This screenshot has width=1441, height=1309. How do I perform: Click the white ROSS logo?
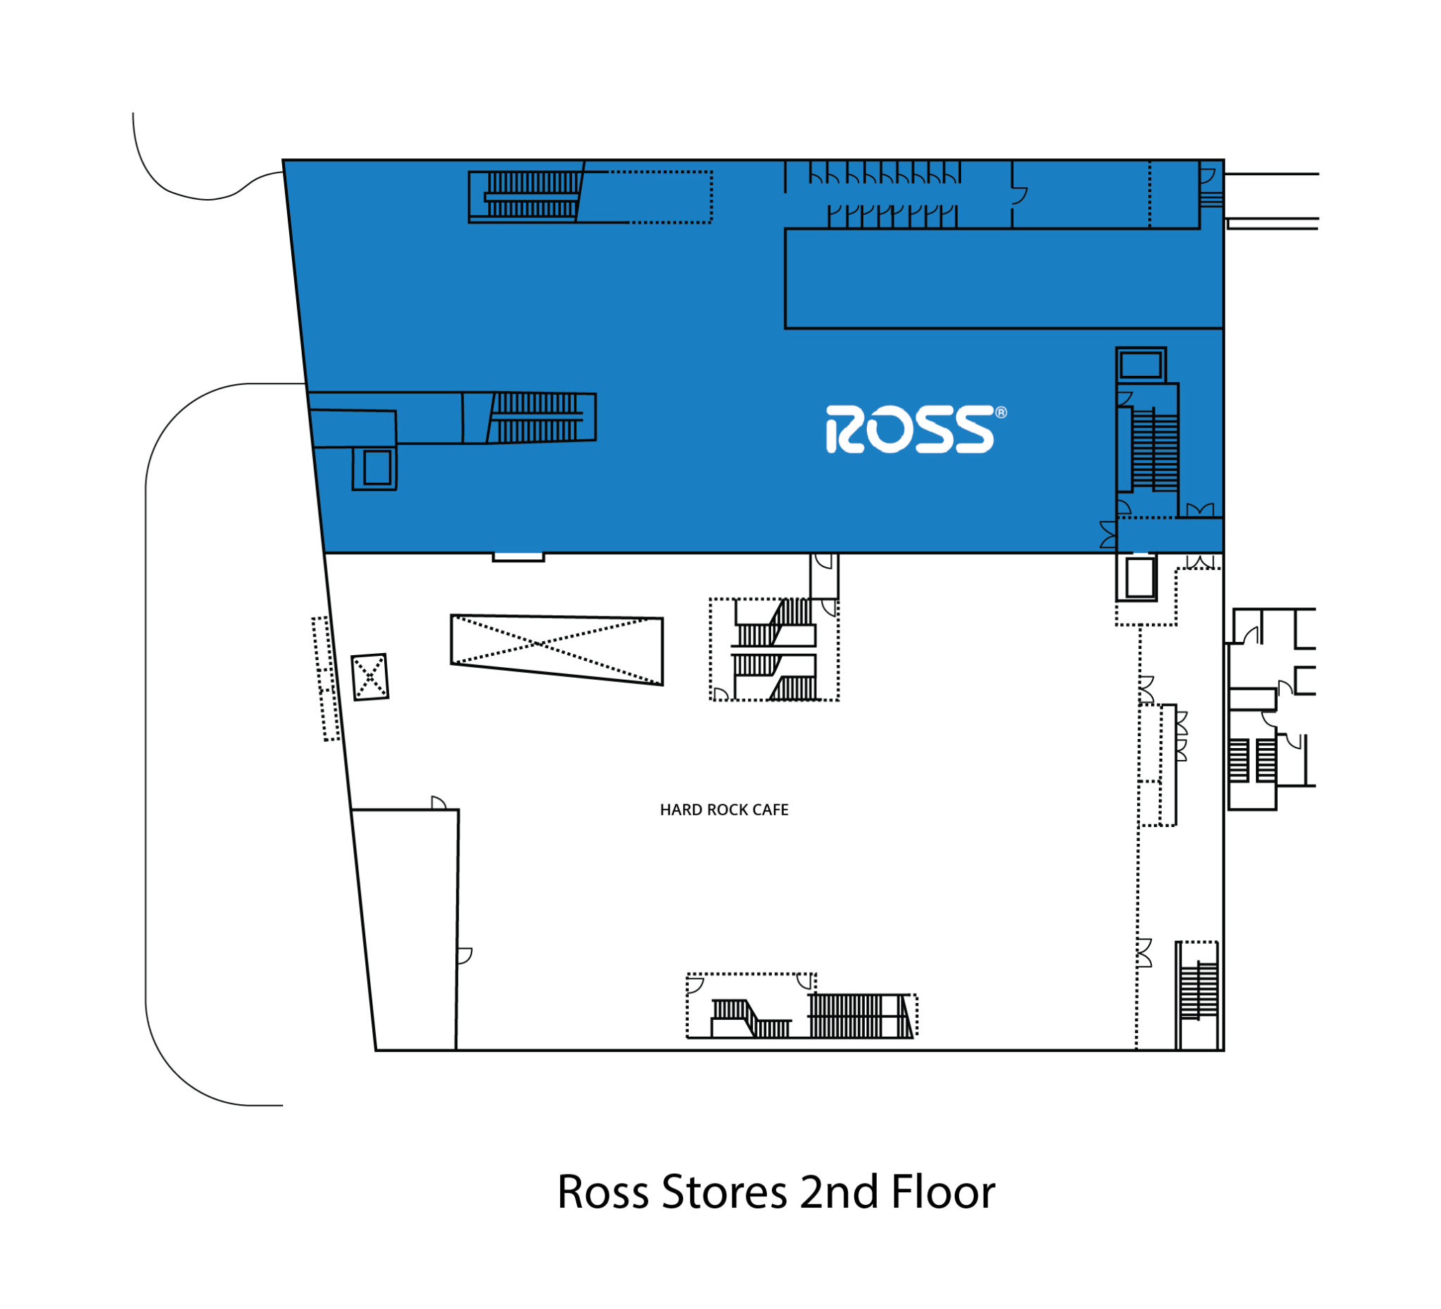[915, 429]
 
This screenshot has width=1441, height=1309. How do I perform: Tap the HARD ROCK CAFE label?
[723, 810]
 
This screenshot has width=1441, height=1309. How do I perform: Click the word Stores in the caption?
[724, 1192]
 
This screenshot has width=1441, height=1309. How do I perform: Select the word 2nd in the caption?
[839, 1191]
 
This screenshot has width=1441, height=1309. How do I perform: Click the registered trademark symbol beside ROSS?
[1001, 412]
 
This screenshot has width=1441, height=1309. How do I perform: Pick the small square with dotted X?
[370, 676]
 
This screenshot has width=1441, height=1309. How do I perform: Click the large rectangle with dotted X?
[556, 649]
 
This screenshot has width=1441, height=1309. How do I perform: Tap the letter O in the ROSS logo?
[889, 430]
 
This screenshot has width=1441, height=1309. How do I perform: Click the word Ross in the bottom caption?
[602, 1192]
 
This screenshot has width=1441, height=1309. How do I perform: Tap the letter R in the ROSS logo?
[846, 430]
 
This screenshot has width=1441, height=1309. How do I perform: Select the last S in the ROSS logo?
[974, 430]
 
